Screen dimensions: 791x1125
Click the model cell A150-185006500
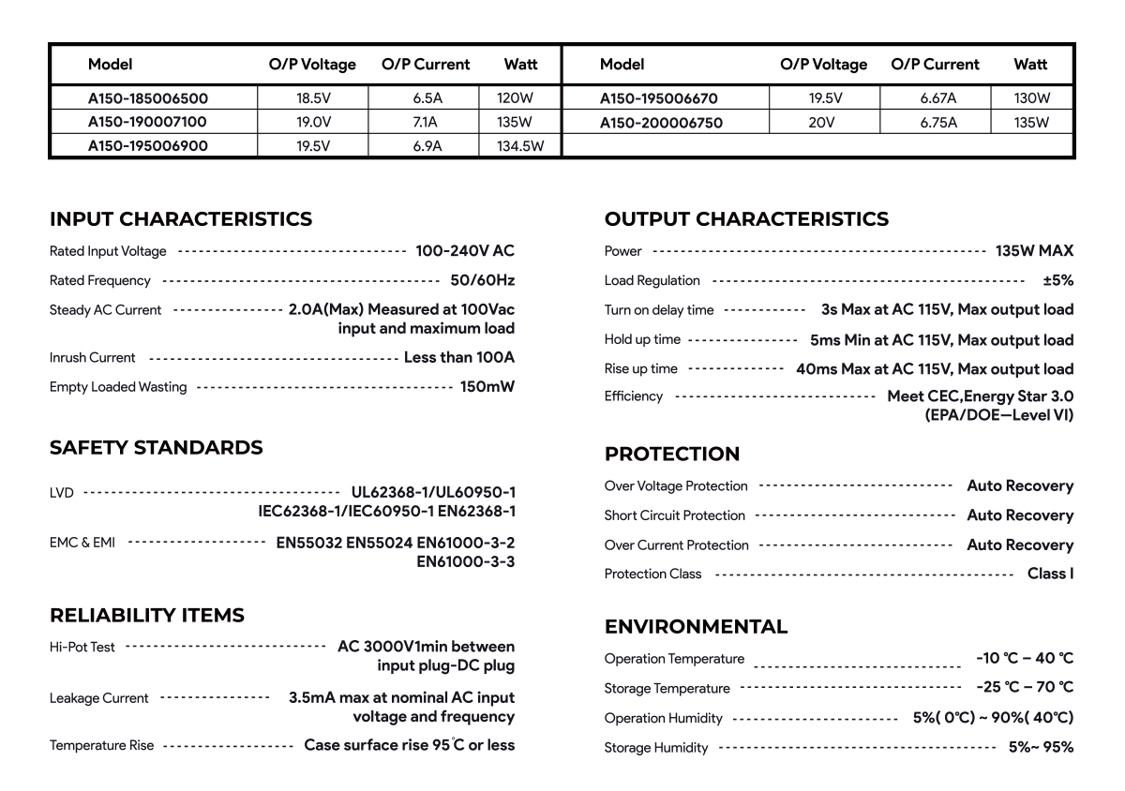pyautogui.click(x=148, y=97)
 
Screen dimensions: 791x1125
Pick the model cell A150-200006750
pyautogui.click(x=661, y=123)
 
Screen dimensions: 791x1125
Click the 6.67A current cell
pyautogui.click(x=937, y=97)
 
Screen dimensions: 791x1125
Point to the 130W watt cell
pyautogui.click(x=1031, y=97)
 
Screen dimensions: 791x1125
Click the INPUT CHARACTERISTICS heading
pyautogui.click(x=181, y=219)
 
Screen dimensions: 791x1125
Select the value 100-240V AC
pyautogui.click(x=465, y=251)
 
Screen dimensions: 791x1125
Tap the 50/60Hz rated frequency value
pyautogui.click(x=482, y=280)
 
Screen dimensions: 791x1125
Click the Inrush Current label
pyautogui.click(x=92, y=358)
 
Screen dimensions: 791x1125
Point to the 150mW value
pyautogui.click(x=487, y=387)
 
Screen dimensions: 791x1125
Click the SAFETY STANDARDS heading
pyautogui.click(x=156, y=448)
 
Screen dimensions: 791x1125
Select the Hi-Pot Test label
pyautogui.click(x=82, y=647)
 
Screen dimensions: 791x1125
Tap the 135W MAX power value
pyautogui.click(x=1034, y=251)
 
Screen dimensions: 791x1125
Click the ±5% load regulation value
pyautogui.click(x=1057, y=280)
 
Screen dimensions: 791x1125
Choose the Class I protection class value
pyautogui.click(x=1050, y=574)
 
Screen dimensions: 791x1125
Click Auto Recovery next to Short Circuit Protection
pyautogui.click(x=1020, y=515)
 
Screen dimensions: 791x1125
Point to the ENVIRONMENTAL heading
pyautogui.click(x=696, y=627)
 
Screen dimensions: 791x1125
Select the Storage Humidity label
pyautogui.click(x=656, y=748)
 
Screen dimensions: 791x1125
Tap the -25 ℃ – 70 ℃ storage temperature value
pyautogui.click(x=1024, y=688)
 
